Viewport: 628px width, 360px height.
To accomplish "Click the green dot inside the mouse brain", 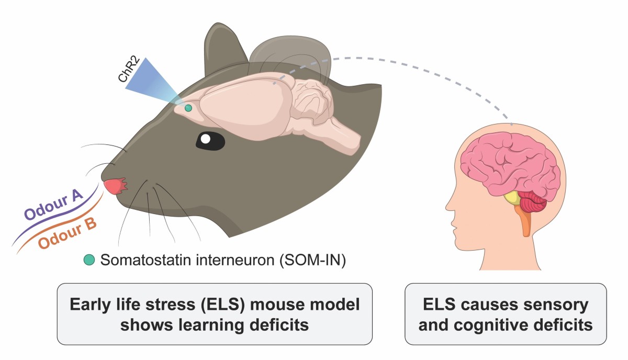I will pos(188,108).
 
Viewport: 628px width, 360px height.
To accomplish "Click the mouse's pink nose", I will pos(116,186).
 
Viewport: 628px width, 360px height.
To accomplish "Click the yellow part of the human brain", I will pos(512,198).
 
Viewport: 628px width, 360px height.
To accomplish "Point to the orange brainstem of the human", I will pos(524,220).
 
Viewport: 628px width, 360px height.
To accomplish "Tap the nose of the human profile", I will pos(448,213).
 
